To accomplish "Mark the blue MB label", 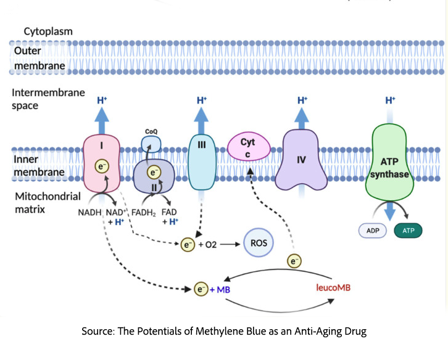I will point(219,288).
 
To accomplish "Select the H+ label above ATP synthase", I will point(390,100).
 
